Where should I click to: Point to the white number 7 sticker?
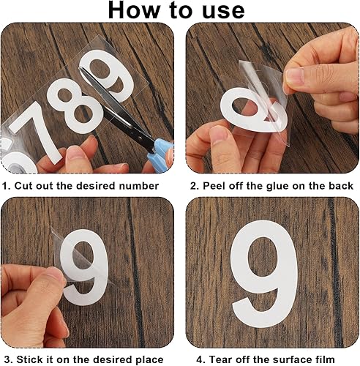(x=36, y=132)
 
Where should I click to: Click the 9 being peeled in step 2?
(x=254, y=110)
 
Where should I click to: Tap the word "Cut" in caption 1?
(x=24, y=186)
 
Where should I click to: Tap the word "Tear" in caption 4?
(x=220, y=359)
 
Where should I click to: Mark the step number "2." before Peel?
(x=195, y=186)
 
